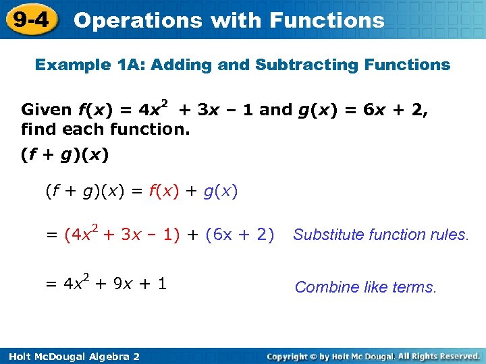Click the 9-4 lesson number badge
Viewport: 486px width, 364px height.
click(x=30, y=20)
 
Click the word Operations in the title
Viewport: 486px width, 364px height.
click(x=137, y=20)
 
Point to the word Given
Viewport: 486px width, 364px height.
click(x=47, y=110)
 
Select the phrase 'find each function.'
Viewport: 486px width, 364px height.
click(x=105, y=128)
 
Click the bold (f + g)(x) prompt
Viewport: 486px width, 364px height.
click(x=65, y=155)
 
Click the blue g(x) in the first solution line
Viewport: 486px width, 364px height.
click(x=220, y=191)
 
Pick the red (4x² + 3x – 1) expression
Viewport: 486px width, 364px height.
click(x=122, y=235)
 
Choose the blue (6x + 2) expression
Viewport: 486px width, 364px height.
click(x=239, y=235)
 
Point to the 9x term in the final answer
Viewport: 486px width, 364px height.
click(x=123, y=284)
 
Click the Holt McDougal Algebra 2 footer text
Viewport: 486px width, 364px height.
click(x=72, y=356)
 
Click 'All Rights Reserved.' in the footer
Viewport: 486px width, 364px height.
click(x=439, y=356)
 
